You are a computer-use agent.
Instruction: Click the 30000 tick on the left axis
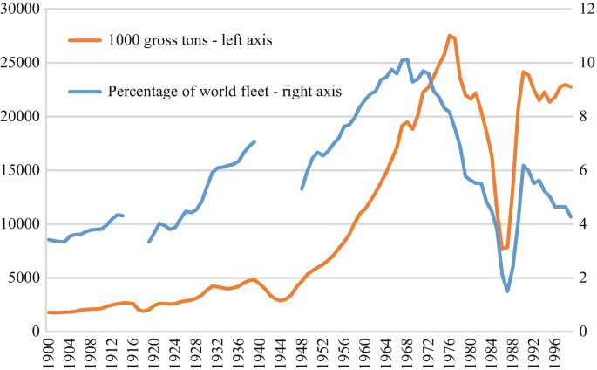click(20, 9)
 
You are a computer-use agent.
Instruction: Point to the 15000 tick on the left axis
click(20, 170)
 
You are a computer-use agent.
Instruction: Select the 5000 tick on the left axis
click(23, 277)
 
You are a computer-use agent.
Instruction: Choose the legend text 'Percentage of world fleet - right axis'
click(224, 90)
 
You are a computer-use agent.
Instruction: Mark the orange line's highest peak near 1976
click(450, 36)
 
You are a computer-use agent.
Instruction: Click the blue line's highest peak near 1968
click(407, 59)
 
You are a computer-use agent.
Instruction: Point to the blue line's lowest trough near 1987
click(507, 291)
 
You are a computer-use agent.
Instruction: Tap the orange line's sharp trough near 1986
click(502, 250)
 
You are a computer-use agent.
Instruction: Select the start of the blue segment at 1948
click(302, 188)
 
